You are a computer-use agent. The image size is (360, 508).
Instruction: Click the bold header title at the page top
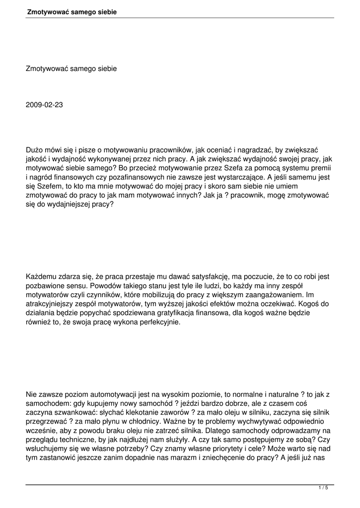[x=72, y=11]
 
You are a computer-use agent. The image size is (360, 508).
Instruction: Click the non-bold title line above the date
[x=71, y=68]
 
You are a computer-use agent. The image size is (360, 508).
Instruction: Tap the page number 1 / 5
[x=323, y=488]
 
